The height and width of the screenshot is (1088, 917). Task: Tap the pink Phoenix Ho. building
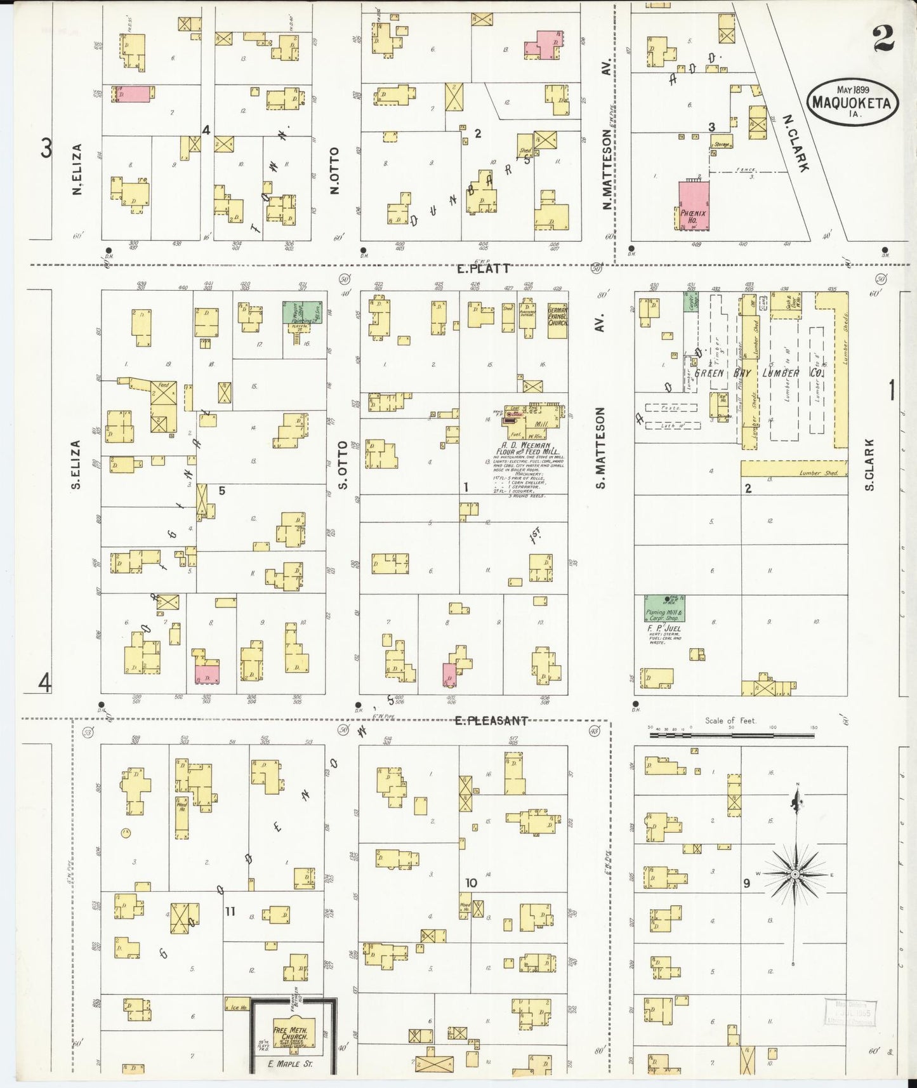click(694, 206)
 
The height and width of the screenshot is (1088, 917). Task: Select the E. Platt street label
click(484, 269)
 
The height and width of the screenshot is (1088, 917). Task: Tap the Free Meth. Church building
click(291, 1033)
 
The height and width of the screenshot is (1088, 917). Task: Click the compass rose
click(794, 875)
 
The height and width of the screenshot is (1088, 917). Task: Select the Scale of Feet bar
click(732, 735)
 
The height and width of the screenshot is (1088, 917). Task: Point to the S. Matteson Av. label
click(600, 448)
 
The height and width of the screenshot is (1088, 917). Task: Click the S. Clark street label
click(869, 464)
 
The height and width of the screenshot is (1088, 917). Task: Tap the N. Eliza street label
click(77, 169)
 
